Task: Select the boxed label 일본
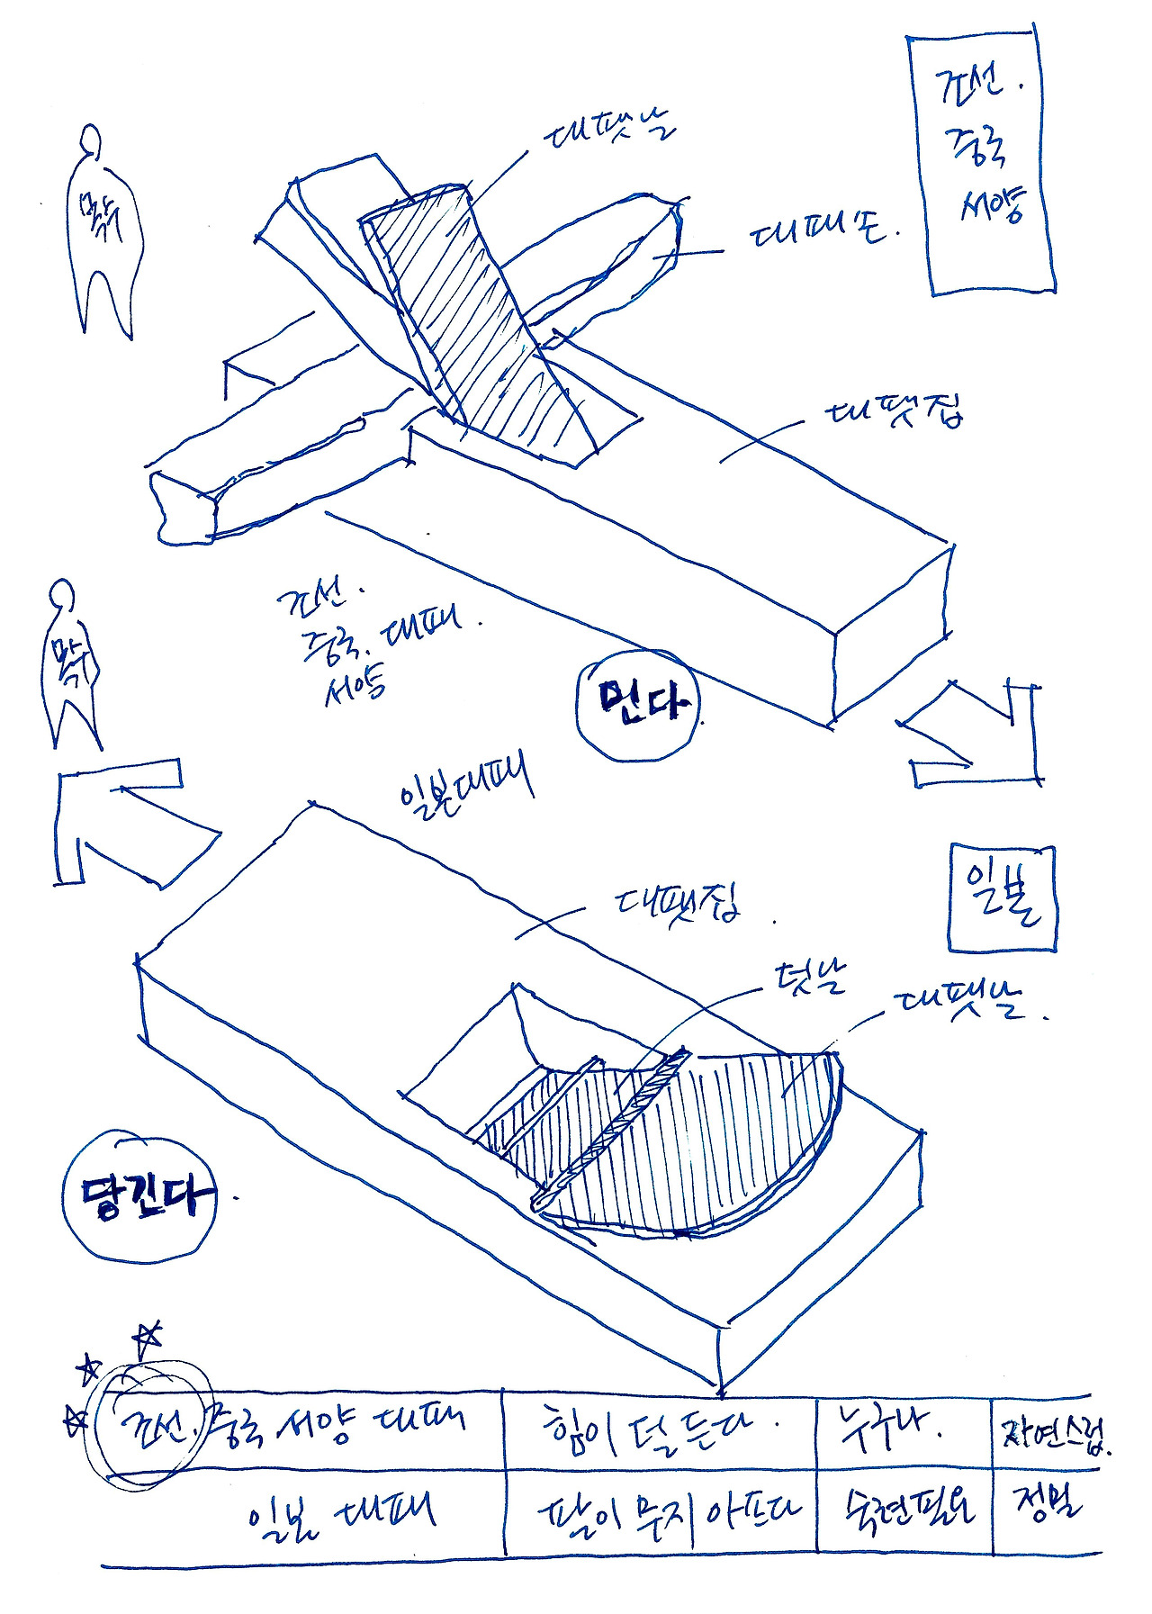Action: click(x=1003, y=898)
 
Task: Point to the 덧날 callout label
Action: click(x=809, y=978)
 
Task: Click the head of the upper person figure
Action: click(x=90, y=141)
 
